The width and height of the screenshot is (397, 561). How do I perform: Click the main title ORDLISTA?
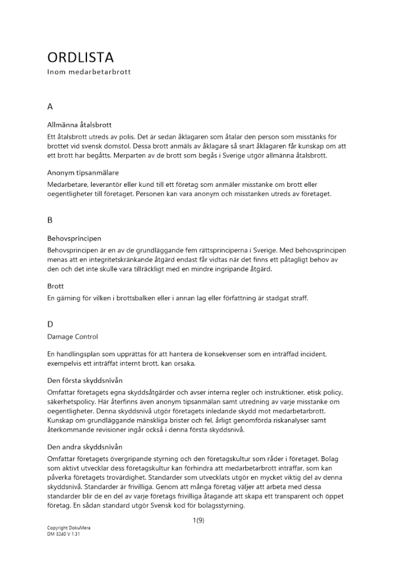click(81, 57)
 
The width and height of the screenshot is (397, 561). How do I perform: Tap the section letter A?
click(51, 106)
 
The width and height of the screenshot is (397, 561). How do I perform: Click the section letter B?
click(50, 220)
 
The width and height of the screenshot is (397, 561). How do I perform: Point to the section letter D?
click(51, 324)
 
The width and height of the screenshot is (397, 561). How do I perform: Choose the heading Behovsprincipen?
click(74, 238)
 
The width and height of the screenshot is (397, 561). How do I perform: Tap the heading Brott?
click(56, 286)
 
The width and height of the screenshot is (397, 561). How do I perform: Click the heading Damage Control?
click(72, 337)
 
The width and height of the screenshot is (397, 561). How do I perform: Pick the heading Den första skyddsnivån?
click(84, 381)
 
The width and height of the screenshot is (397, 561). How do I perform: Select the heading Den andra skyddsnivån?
click(84, 447)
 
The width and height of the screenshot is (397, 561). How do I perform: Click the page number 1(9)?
click(198, 521)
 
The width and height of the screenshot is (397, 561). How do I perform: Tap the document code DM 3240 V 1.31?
click(64, 534)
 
